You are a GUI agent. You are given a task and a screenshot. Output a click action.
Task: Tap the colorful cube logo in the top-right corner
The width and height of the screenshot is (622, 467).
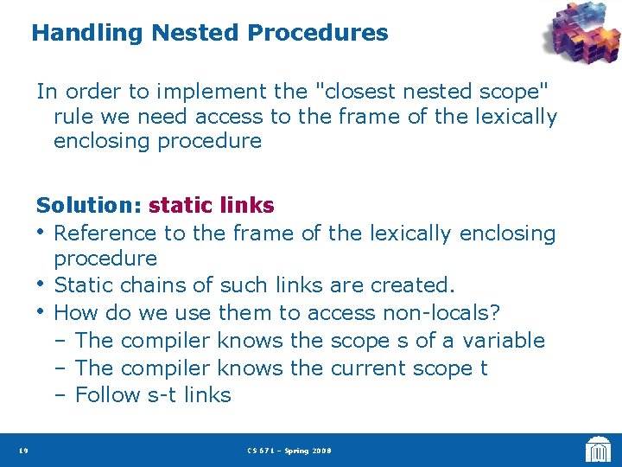pos(580,35)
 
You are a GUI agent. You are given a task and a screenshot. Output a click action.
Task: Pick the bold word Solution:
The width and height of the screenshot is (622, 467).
pos(89,205)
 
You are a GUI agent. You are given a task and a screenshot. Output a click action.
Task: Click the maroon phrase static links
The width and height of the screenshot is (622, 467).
pos(212,205)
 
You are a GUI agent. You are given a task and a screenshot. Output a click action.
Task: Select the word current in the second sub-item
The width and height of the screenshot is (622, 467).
pos(370,368)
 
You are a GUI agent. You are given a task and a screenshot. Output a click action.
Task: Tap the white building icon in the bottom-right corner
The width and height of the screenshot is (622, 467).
pos(598,449)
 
